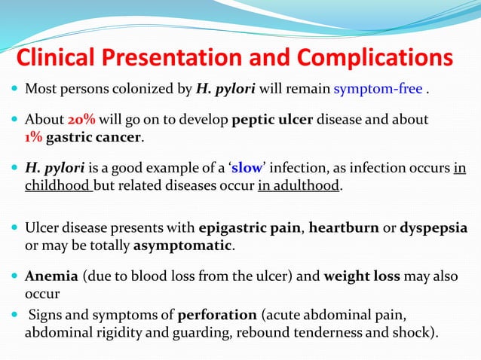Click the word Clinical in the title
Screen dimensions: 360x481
click(60, 58)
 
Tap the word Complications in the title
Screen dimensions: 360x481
click(372, 58)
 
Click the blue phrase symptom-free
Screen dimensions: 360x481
click(378, 90)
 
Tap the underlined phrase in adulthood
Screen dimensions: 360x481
click(299, 186)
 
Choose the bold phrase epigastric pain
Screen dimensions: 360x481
click(250, 228)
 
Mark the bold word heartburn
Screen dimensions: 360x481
click(344, 228)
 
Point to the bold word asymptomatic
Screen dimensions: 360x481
click(183, 246)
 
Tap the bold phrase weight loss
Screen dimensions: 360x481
click(361, 276)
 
